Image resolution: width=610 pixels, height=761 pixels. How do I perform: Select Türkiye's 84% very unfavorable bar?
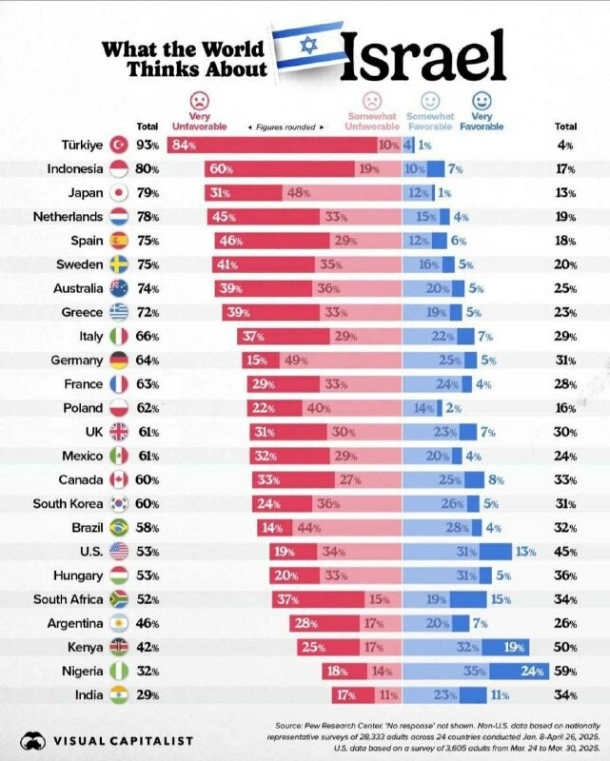coord(271,146)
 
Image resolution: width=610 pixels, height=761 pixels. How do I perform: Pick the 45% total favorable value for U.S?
coord(565,552)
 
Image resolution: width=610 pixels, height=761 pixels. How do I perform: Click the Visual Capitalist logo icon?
coord(33,739)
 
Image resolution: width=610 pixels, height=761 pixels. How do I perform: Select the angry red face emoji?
coord(199,100)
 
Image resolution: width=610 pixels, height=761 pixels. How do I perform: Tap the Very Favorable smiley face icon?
coord(482,100)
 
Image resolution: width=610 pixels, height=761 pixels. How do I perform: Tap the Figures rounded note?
coord(285,127)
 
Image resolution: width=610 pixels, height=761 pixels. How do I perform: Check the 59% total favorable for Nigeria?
coord(565,672)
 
